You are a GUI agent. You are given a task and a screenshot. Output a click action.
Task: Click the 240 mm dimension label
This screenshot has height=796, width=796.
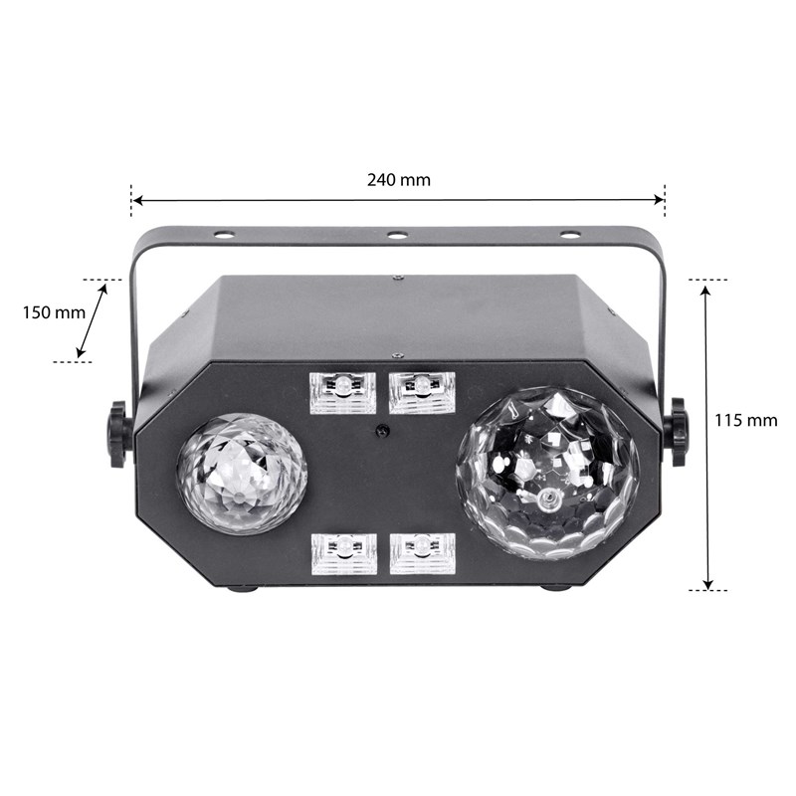398,180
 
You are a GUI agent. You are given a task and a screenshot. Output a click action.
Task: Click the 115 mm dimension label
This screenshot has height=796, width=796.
745,420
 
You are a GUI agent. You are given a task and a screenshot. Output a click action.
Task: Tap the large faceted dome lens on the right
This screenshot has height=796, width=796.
547,473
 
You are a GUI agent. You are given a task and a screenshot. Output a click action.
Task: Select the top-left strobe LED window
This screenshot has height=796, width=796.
343,393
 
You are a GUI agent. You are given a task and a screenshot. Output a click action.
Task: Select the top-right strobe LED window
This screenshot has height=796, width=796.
422,393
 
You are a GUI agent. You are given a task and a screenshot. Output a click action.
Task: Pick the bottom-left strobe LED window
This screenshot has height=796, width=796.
343,553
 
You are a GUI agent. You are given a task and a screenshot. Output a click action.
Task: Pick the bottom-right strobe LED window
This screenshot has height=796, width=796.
422,553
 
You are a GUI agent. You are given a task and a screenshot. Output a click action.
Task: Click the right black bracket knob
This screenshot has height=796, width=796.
678,432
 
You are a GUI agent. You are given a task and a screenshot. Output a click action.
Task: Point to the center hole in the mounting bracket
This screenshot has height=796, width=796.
397,236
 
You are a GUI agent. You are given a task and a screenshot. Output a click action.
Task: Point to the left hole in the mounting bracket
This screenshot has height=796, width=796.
224,236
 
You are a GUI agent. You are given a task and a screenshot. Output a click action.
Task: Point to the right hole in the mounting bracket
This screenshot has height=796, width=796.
570,235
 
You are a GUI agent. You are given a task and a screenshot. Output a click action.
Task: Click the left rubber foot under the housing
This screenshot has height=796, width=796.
242,588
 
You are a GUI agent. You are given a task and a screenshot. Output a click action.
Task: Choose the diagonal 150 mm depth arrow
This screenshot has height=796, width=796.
93,320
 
